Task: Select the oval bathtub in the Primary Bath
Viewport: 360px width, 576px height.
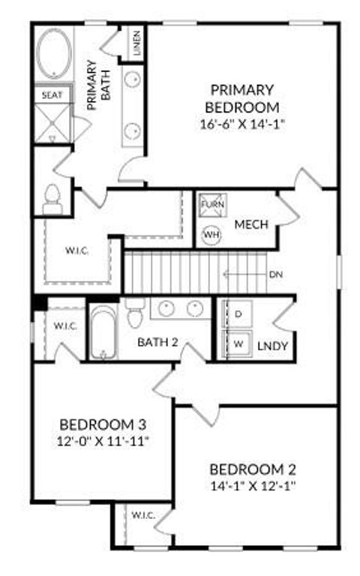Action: tap(52, 54)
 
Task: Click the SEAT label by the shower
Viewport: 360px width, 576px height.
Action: tap(52, 95)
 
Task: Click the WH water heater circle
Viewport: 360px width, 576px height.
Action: tap(212, 234)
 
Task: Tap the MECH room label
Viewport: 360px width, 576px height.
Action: tap(252, 224)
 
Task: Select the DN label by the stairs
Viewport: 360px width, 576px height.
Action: tap(275, 274)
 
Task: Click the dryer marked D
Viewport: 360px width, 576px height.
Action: tap(239, 314)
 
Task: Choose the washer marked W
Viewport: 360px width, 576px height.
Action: tap(239, 344)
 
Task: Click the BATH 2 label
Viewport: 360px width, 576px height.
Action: tap(157, 343)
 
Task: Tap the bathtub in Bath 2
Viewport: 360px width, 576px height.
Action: tap(101, 333)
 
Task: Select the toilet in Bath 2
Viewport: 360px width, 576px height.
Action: tap(135, 314)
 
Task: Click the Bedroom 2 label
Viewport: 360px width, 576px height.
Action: tap(253, 470)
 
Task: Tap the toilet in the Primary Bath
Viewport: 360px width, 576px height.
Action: tap(52, 199)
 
